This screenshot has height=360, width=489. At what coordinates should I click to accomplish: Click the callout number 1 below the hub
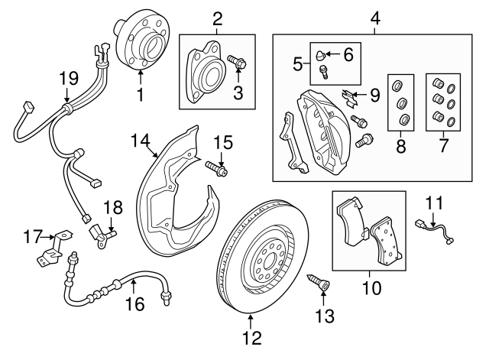140,96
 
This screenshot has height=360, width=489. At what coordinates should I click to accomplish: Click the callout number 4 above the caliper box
375,15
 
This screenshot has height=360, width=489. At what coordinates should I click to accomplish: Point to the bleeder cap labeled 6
322,54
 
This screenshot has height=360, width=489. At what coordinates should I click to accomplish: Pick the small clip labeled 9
351,96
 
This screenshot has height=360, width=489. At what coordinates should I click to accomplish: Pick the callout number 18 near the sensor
112,206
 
